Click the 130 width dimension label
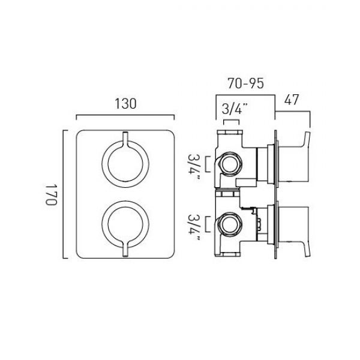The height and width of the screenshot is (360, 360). [125, 104]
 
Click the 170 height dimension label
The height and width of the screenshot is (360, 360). [51, 194]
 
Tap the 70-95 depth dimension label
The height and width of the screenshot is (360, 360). [245, 83]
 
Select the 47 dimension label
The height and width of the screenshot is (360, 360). [292, 100]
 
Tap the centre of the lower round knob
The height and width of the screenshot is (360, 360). [125, 224]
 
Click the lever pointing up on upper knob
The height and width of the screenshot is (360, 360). [125, 139]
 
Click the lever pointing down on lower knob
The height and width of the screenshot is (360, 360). [125, 249]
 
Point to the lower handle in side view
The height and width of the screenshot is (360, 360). [294, 232]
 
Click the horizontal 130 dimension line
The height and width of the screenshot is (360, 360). [125, 115]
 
